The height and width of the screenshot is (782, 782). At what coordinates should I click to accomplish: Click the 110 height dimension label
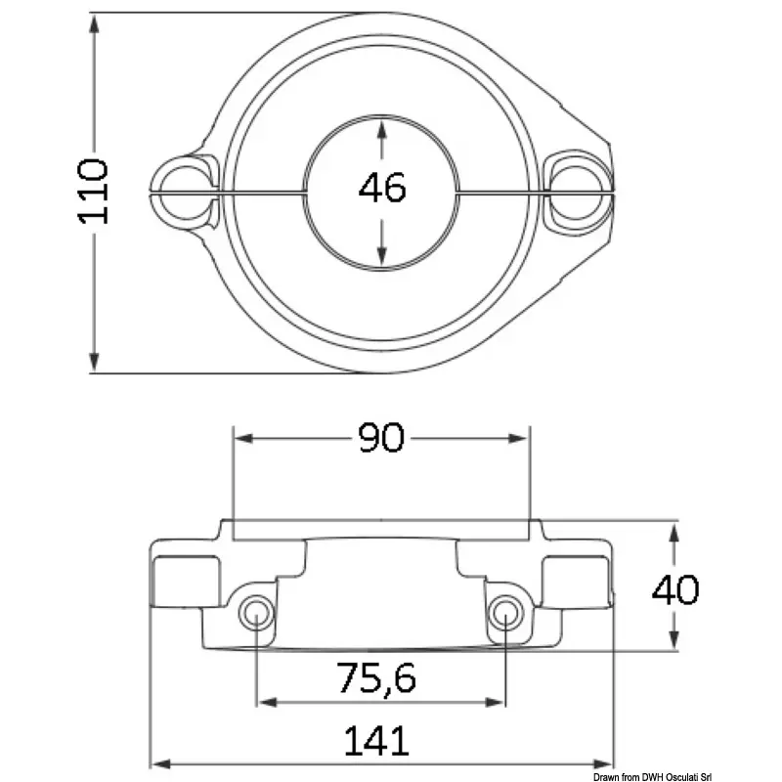[93, 192]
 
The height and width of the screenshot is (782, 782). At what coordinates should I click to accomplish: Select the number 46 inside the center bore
[382, 187]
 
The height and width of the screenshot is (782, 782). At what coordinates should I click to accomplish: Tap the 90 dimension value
[381, 437]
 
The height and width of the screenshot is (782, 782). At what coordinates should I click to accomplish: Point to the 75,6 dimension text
[376, 677]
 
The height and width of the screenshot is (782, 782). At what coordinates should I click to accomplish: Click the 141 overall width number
[376, 741]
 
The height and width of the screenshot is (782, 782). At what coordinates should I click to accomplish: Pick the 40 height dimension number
[675, 589]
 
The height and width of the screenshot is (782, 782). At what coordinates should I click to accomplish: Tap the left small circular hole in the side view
[256, 613]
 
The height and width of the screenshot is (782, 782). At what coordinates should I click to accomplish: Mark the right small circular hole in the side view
[505, 613]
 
